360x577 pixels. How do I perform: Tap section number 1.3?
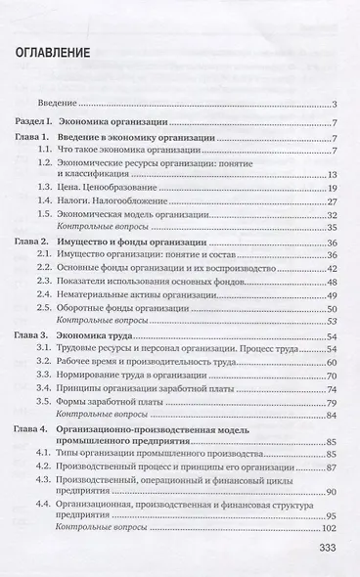click(65, 187)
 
